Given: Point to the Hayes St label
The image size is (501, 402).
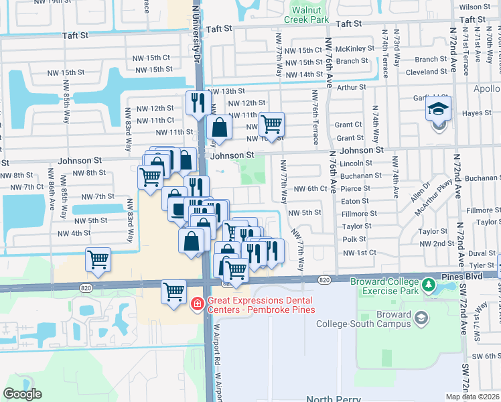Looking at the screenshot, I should coord(476,113).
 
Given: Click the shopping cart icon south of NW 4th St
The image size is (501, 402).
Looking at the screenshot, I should coord(98,259).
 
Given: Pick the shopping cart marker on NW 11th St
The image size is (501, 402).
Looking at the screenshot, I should coord(271,124).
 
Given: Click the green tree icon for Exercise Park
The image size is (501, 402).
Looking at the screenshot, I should coord(429,287).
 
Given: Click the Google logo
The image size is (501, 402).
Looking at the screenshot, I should coord(22,394).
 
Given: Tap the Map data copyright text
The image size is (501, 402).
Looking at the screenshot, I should coord(473,397).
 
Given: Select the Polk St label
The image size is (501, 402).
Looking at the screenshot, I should coord(354,239).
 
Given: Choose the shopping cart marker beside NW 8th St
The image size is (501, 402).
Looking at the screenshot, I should coord(150,177).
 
